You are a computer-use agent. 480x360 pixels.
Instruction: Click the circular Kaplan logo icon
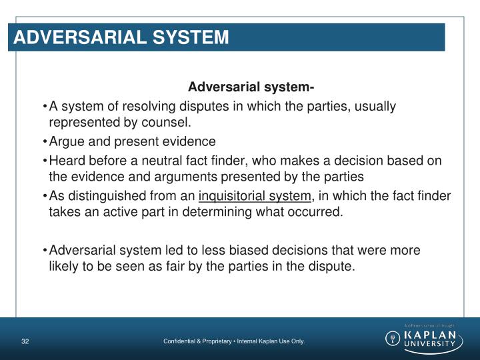coord(394,338)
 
